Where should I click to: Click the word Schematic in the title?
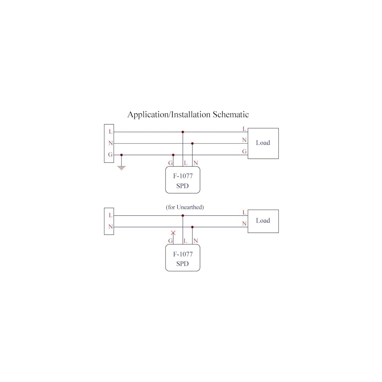231,115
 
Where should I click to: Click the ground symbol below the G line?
121,168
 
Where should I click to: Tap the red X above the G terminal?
173,233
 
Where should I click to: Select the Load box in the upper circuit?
263,144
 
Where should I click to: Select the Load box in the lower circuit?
263,221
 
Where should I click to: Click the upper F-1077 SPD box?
183,180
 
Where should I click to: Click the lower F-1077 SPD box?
183,258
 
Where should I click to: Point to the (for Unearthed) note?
185,207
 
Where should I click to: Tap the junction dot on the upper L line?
183,132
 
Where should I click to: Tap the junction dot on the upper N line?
192,144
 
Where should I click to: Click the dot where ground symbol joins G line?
121,155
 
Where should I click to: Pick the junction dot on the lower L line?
183,215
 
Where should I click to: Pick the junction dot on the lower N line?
192,227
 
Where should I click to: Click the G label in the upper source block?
110,154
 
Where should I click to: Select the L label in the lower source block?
111,215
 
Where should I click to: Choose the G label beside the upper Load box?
244,151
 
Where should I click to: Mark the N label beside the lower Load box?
244,223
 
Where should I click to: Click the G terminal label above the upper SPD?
170,163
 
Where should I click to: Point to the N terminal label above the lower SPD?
196,241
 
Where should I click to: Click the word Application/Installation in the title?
169,115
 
